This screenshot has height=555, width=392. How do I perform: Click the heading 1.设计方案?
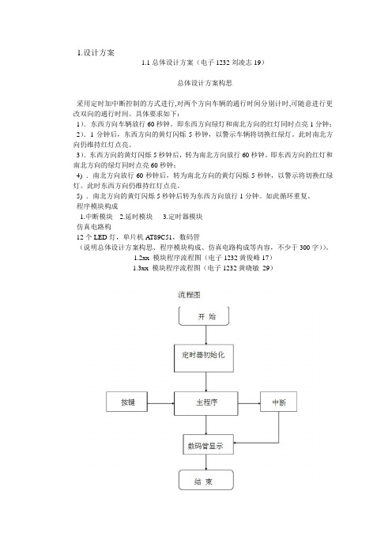[96, 53]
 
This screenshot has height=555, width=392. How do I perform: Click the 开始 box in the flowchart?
[204, 316]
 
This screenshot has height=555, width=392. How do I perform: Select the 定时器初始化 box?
[204, 358]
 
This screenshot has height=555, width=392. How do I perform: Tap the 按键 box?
[126, 402]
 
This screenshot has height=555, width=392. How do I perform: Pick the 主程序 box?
[206, 403]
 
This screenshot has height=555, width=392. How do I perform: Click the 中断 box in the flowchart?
[278, 402]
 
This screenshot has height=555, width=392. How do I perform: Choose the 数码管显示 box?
[209, 444]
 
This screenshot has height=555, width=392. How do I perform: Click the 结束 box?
[206, 480]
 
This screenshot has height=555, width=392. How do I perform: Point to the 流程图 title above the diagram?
[189, 295]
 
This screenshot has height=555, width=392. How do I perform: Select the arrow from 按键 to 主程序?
[160, 403]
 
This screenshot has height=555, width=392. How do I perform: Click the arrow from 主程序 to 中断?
[249, 403]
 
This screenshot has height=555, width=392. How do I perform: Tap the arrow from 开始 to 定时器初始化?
[206, 335]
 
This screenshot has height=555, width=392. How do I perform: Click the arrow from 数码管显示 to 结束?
[206, 462]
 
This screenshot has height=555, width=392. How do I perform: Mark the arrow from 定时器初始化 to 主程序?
[206, 382]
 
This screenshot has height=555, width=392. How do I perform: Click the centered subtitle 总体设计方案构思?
[205, 83]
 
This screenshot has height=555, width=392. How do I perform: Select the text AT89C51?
[159, 237]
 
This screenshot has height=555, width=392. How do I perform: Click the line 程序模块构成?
[97, 206]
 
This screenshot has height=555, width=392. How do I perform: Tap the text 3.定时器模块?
[183, 217]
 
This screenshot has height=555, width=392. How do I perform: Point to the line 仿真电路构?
[94, 227]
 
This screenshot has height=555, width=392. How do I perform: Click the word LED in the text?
[100, 237]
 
